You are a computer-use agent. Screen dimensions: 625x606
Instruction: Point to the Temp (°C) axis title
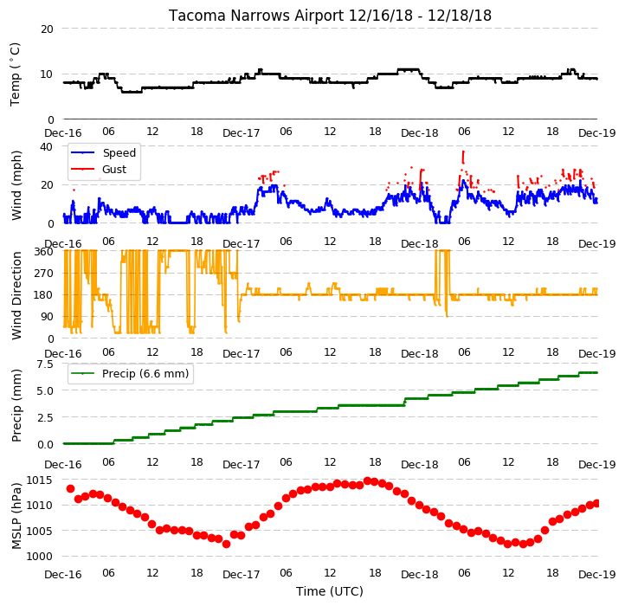pos(15,74)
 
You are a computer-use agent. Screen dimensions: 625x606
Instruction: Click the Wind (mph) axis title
pos(16,185)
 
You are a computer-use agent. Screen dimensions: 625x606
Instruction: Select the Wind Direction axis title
pos(16,295)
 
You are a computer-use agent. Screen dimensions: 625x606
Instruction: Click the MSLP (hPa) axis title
pos(16,516)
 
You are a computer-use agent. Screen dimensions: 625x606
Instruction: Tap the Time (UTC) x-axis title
pos(330,591)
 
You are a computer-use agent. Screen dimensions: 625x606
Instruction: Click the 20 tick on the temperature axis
pos(47,29)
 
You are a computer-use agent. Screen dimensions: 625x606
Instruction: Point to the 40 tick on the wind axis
pos(46,146)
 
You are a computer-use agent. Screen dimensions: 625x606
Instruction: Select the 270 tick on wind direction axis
pos(44,274)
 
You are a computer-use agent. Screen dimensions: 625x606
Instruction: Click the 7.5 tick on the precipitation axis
pos(45,364)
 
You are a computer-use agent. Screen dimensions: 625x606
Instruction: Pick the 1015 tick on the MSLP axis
pos(40,480)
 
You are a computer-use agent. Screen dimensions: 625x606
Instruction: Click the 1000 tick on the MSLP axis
pos(40,557)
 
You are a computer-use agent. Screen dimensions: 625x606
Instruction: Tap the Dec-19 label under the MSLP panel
pos(597,575)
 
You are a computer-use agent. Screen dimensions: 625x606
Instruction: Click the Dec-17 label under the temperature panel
pos(242,132)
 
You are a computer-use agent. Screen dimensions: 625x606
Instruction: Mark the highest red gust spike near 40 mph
pos(463,157)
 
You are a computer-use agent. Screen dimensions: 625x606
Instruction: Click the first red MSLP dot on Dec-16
pos(71,489)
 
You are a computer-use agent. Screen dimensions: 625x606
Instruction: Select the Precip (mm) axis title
pos(16,406)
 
